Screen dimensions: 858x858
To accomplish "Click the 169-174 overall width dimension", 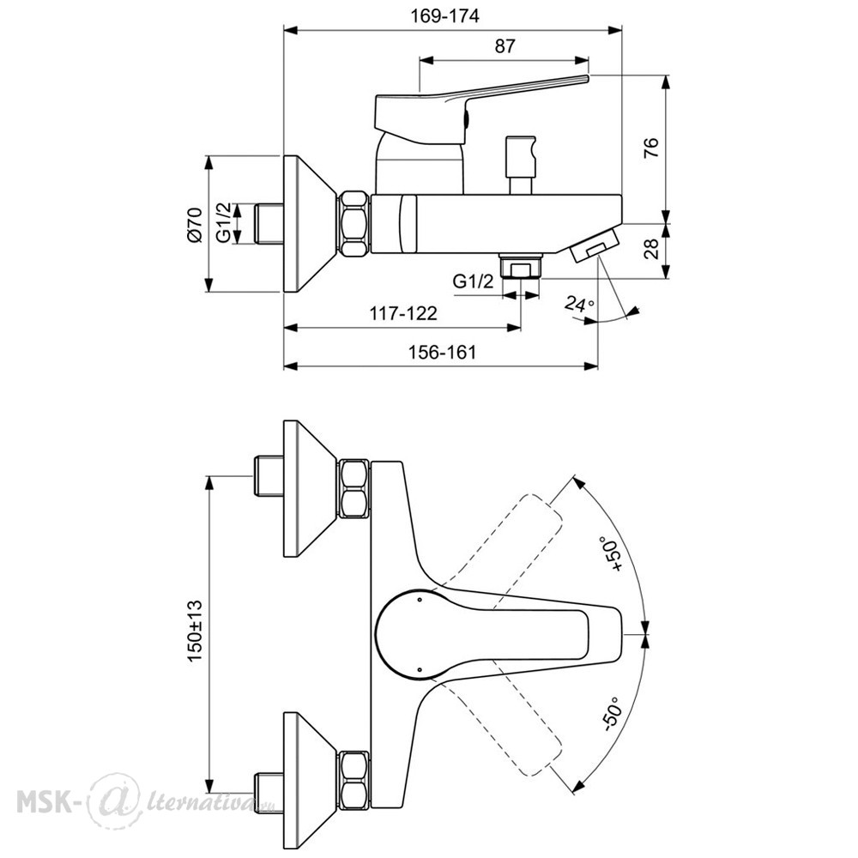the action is tap(444, 16).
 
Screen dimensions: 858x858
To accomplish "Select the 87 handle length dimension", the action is tap(505, 46).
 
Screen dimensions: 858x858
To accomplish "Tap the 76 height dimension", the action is tap(651, 148).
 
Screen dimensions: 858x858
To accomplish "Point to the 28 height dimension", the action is tap(651, 249).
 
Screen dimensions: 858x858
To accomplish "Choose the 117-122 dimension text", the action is tap(404, 313).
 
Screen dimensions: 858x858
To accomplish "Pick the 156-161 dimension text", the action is tap(442, 352).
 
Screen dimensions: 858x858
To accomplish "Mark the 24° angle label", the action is tap(580, 303).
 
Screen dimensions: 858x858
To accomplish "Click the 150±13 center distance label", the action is tap(196, 631).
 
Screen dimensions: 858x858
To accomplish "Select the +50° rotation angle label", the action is tap(613, 555).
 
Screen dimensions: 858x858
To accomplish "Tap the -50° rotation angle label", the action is tap(611, 714).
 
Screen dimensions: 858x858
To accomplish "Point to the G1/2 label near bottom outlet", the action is tap(474, 281).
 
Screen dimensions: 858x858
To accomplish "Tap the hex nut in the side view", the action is tap(353, 223).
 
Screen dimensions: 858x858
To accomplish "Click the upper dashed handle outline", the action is tap(509, 547).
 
